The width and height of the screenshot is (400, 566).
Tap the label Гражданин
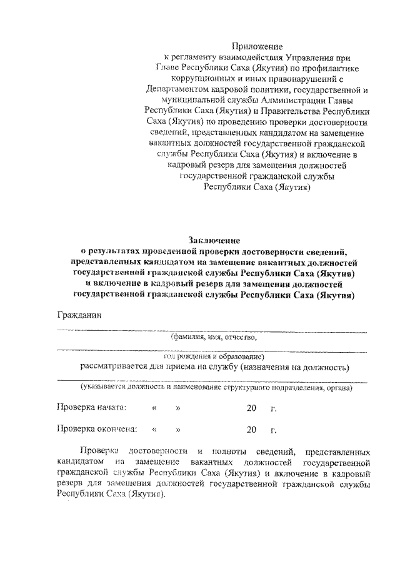click(x=78, y=315)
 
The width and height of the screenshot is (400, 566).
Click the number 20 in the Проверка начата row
click(x=251, y=408)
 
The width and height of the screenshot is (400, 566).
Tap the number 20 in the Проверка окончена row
click(x=251, y=430)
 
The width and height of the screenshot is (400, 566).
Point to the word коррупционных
click(x=203, y=79)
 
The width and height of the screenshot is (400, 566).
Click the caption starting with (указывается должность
click(x=214, y=387)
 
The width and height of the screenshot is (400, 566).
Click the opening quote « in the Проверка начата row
click(x=154, y=408)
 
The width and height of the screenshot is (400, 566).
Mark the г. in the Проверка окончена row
click(x=273, y=430)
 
